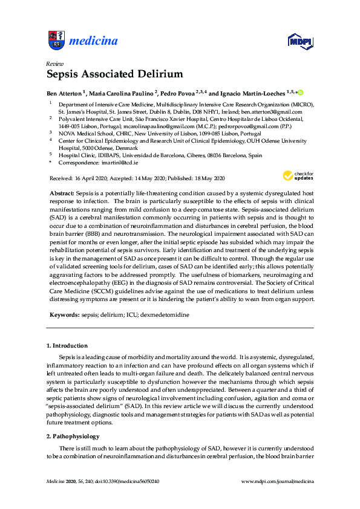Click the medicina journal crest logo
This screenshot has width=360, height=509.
56,41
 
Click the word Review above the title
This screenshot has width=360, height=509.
54,63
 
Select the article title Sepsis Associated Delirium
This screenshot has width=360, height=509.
114,74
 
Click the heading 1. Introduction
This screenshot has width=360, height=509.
67,346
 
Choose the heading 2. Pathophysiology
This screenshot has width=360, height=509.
73,436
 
